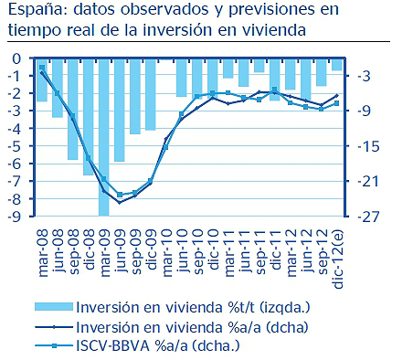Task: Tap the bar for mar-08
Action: [x=41, y=79]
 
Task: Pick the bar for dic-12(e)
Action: [x=337, y=64]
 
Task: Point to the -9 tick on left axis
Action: [x=15, y=217]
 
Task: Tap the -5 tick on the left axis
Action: [x=15, y=146]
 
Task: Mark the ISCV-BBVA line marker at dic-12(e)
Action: [x=337, y=103]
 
